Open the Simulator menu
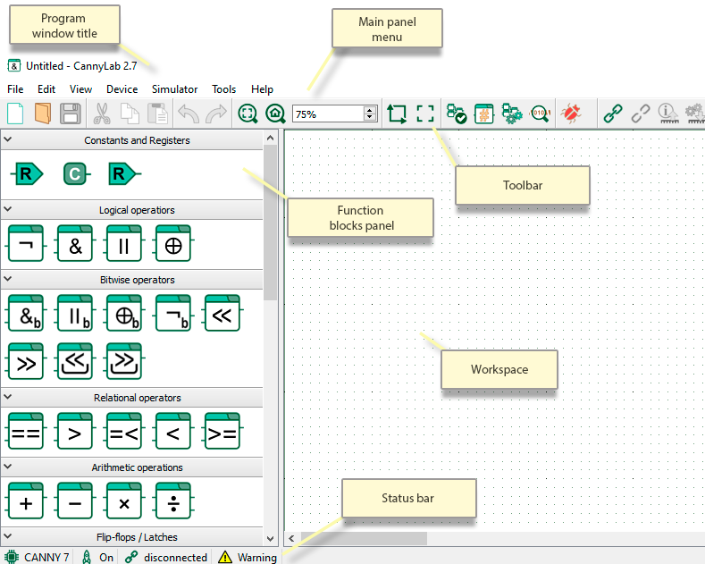[174, 89]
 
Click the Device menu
[122, 89]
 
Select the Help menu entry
[262, 89]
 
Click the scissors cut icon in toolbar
[102, 114]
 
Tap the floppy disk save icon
[71, 114]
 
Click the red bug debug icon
[571, 113]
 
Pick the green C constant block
[76, 174]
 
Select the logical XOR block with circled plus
[173, 243]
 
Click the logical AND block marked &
[75, 243]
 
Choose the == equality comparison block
[26, 431]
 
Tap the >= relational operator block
[222, 431]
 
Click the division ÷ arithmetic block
[173, 501]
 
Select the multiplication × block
[124, 501]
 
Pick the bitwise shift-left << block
[222, 313]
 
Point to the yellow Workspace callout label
[499, 369]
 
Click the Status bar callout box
[408, 498]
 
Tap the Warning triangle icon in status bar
[225, 557]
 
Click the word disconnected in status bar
[175, 557]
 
